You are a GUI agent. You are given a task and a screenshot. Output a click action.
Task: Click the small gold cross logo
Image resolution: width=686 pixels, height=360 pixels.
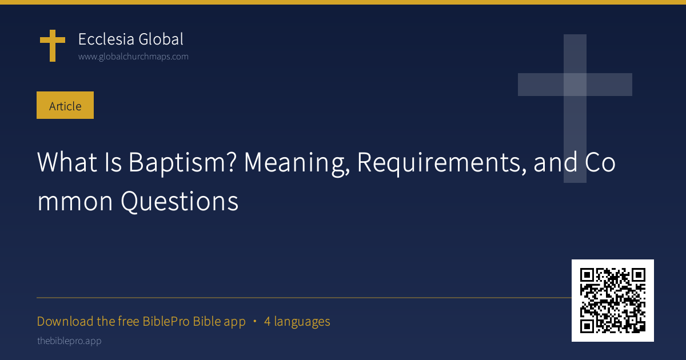pyautogui.click(x=53, y=46)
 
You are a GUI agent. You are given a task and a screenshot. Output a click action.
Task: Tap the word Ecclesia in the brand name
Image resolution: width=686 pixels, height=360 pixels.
pyautogui.click(x=106, y=39)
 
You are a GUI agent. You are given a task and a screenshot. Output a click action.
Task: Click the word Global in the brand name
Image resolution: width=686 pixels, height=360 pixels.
pyautogui.click(x=161, y=39)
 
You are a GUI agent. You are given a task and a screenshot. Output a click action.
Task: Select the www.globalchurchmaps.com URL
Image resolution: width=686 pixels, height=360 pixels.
pyautogui.click(x=133, y=57)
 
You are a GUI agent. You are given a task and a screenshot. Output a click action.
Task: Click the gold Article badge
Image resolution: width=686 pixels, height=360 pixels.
pyautogui.click(x=65, y=105)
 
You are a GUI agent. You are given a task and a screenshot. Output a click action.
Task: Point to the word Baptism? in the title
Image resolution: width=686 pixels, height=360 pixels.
pyautogui.click(x=182, y=163)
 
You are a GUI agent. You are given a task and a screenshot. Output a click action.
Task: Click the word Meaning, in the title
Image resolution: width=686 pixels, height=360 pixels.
pyautogui.click(x=297, y=163)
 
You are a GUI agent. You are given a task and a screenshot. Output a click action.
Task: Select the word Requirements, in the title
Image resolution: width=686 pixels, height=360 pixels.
pyautogui.click(x=441, y=163)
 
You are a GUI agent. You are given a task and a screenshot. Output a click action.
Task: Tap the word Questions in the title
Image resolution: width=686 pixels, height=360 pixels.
pyautogui.click(x=180, y=202)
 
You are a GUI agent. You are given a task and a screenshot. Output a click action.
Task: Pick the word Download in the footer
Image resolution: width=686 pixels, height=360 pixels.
pyautogui.click(x=65, y=321)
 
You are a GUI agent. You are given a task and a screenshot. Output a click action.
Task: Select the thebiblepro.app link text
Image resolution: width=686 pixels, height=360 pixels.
pyautogui.click(x=69, y=341)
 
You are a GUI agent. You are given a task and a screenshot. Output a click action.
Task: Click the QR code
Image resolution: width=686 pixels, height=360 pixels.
pyautogui.click(x=613, y=301)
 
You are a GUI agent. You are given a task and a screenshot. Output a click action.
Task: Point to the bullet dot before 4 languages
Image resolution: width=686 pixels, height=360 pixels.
pyautogui.click(x=255, y=321)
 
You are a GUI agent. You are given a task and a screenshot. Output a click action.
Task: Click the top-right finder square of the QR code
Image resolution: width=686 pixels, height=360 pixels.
pyautogui.click(x=639, y=275)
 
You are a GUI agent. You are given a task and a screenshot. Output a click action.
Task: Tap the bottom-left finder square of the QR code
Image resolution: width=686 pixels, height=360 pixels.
pyautogui.click(x=587, y=326)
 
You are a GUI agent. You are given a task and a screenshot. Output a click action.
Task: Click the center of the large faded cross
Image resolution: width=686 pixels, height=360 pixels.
pyautogui.click(x=575, y=85)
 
